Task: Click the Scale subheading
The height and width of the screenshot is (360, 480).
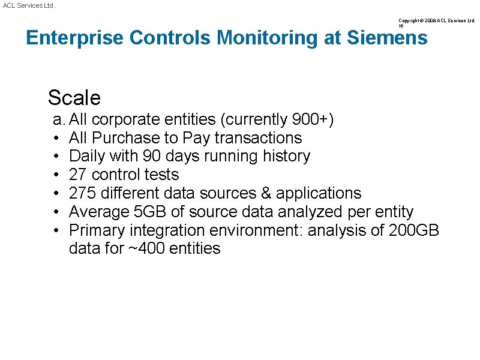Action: pos(74,97)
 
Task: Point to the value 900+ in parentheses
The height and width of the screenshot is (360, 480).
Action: pos(310,119)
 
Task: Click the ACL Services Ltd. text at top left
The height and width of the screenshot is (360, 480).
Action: pos(29,5)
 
